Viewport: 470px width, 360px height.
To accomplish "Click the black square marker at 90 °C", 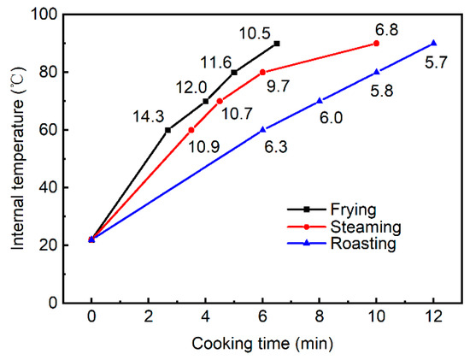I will click(277, 44).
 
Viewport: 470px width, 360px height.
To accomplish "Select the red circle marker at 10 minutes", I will click(376, 44).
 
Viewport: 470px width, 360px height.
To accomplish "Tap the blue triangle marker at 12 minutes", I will click(433, 44).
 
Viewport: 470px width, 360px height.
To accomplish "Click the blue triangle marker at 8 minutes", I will click(320, 101).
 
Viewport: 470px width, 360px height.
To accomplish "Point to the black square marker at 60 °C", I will click(168, 130).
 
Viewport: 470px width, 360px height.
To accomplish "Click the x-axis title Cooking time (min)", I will click(262, 345).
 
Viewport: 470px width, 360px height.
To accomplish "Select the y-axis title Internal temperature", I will click(18, 158).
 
